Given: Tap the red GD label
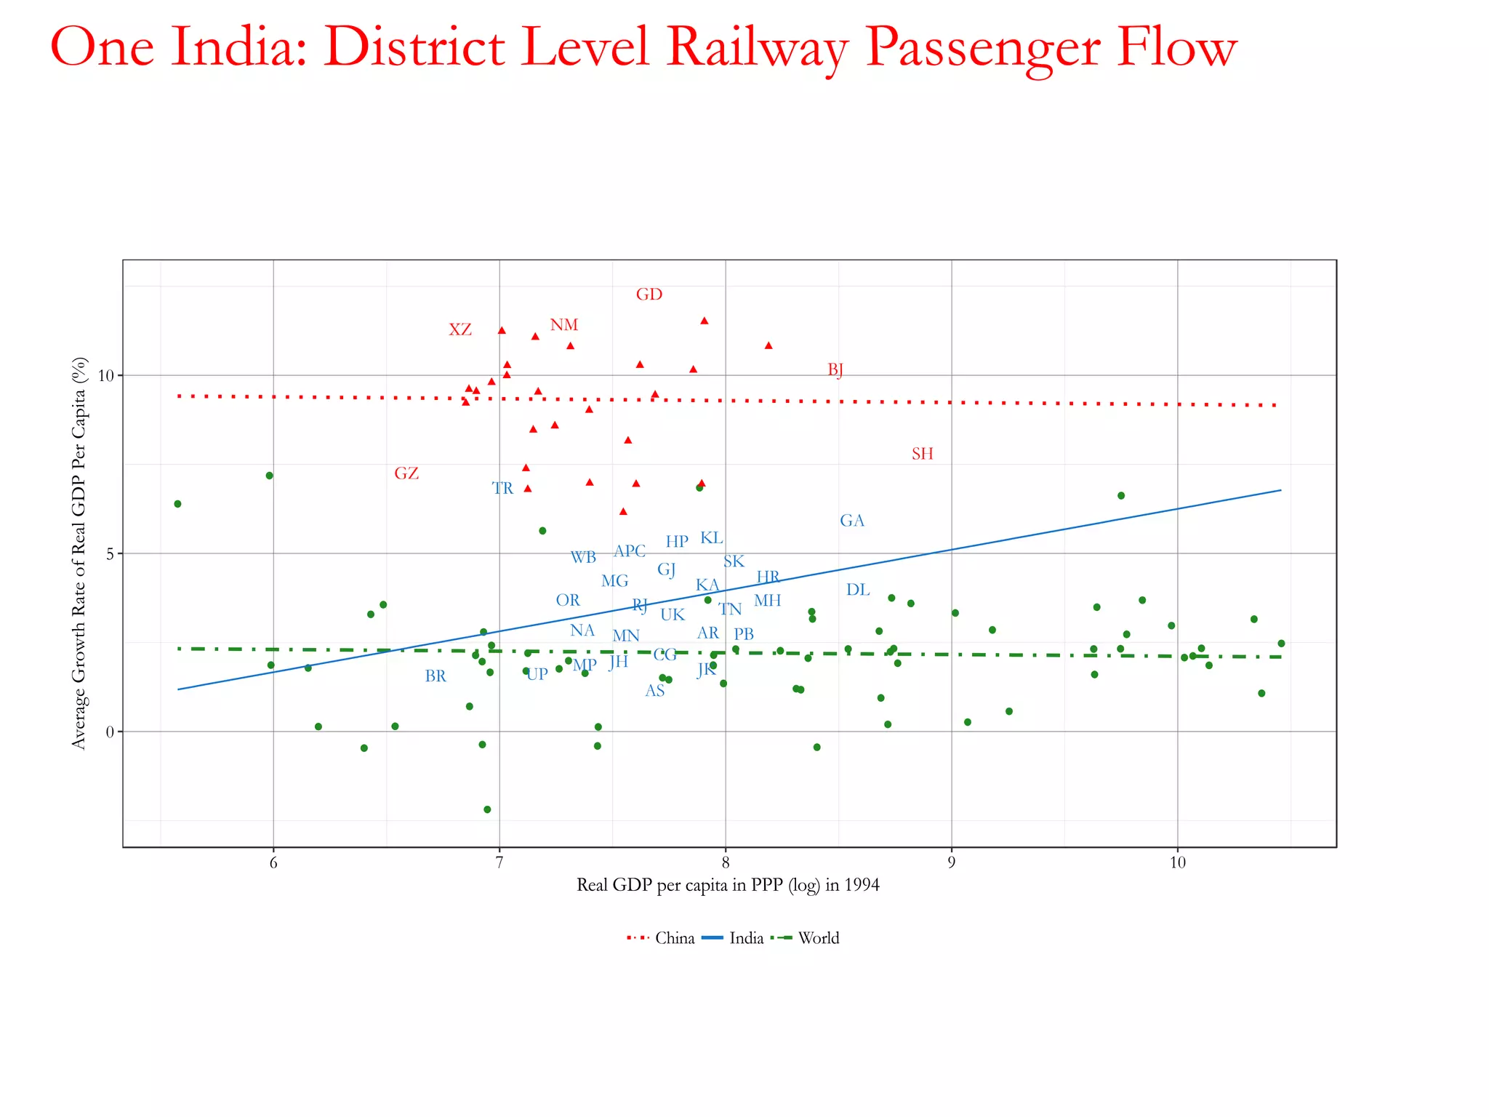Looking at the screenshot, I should tap(649, 295).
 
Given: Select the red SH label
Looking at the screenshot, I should tap(922, 454).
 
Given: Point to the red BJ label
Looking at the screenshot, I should tap(835, 370).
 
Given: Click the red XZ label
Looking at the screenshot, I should tap(460, 330).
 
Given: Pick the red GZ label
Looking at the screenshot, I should tap(406, 473).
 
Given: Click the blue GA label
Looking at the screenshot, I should tap(852, 521).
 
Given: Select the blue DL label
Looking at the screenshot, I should tap(858, 590).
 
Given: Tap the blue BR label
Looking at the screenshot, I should tap(436, 676).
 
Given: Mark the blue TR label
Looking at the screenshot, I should tap(502, 489).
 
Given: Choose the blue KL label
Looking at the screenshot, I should tap(711, 538).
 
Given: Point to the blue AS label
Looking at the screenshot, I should tap(655, 691).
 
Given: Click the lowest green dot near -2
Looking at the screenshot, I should tap(487, 809).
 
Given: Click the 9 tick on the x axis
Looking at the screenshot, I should tap(952, 862).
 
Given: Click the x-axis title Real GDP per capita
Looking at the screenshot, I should tap(728, 885).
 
